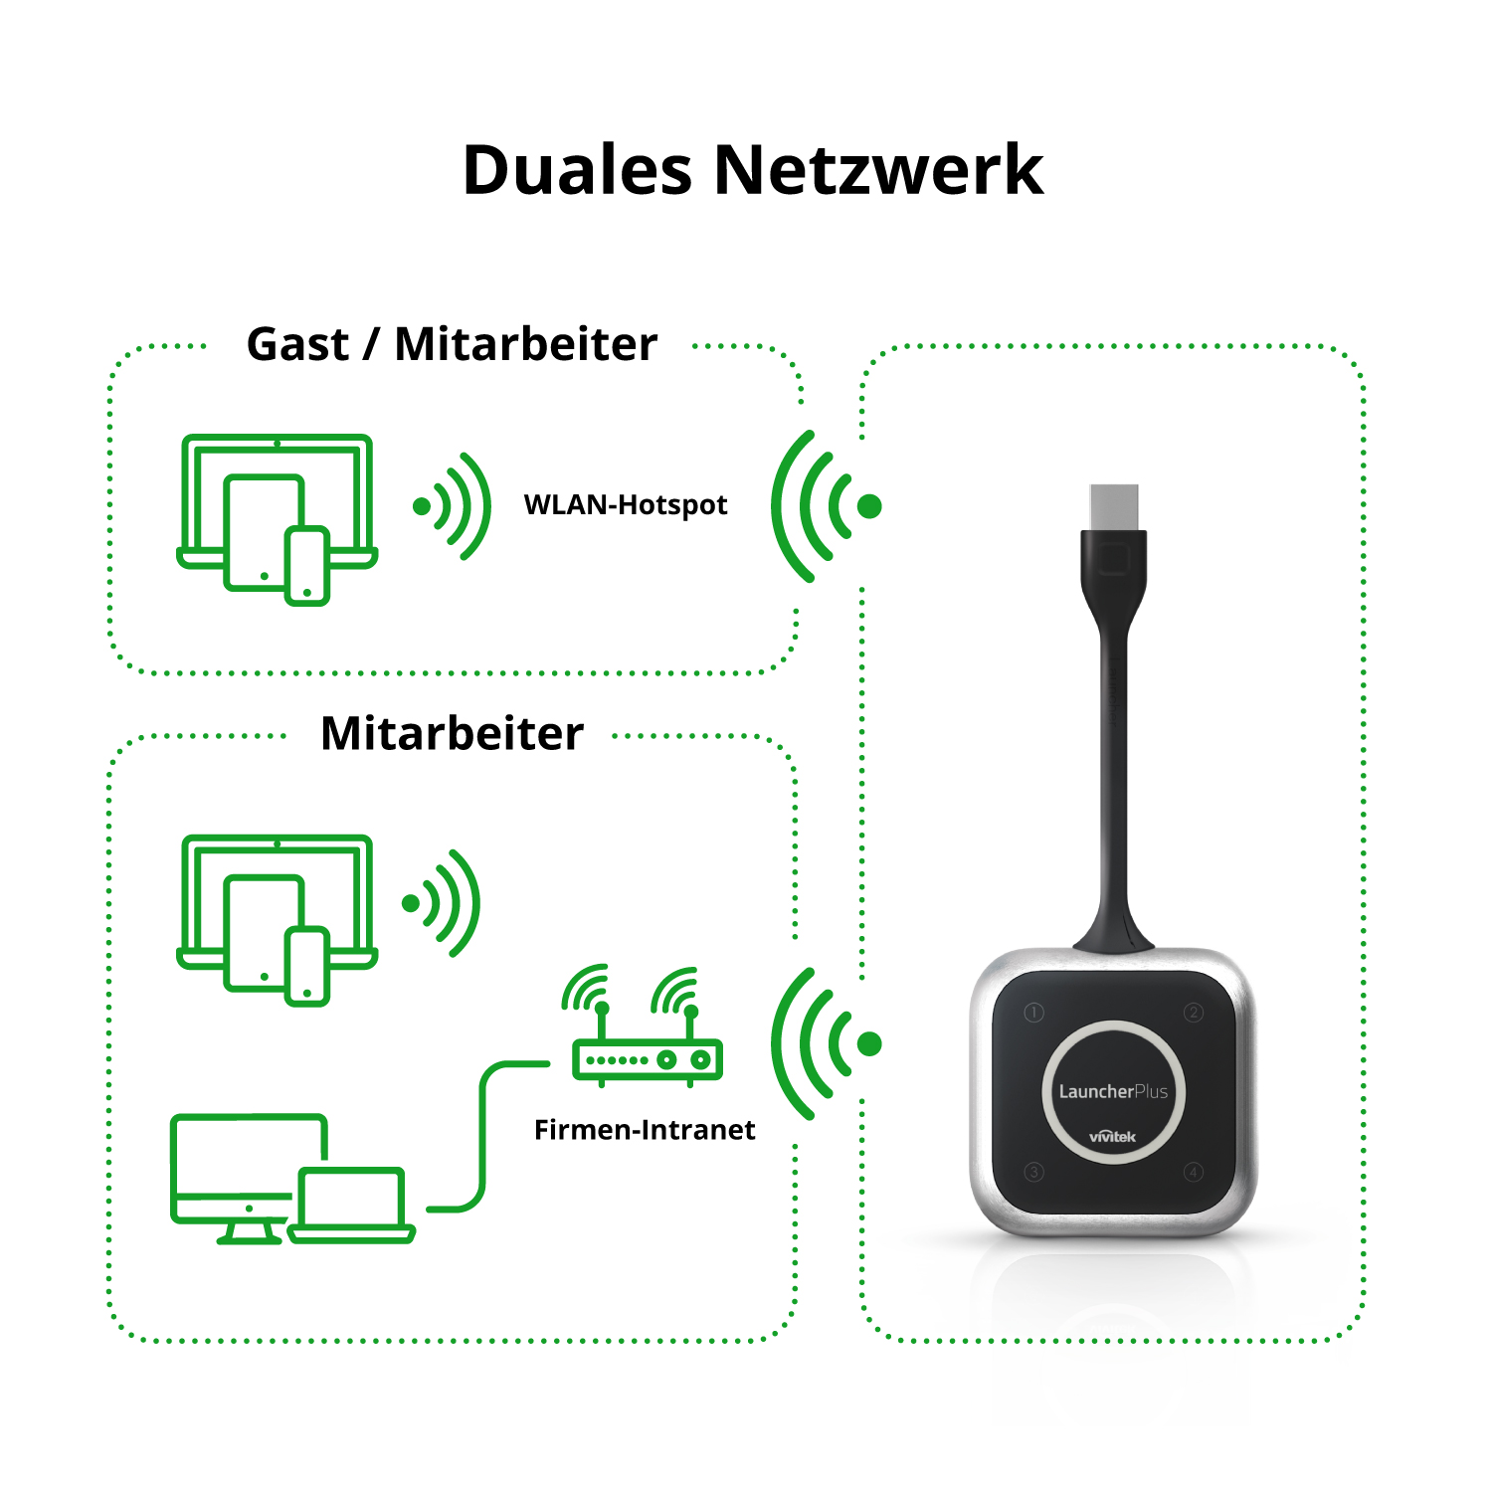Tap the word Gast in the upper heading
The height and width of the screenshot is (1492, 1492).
[x=297, y=344]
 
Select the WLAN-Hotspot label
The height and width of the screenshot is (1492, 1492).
[x=626, y=505]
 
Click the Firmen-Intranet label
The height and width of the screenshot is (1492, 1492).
[x=645, y=1130]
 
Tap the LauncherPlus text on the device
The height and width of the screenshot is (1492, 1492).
[x=1113, y=1091]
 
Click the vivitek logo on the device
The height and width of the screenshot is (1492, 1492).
[x=1112, y=1136]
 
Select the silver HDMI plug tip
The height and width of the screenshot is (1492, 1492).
[x=1113, y=506]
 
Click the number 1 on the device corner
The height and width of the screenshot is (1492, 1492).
[x=1033, y=1013]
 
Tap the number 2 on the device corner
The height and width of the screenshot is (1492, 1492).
[x=1194, y=1013]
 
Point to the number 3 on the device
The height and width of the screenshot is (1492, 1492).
[x=1033, y=1172]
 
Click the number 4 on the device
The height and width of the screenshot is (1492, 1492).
[x=1194, y=1172]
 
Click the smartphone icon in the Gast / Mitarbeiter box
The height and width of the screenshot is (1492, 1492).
[x=307, y=566]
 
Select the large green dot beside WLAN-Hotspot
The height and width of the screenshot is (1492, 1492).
[x=869, y=506]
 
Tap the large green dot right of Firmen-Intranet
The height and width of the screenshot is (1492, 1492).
[x=869, y=1043]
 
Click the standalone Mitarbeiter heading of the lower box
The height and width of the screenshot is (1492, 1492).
[x=452, y=734]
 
